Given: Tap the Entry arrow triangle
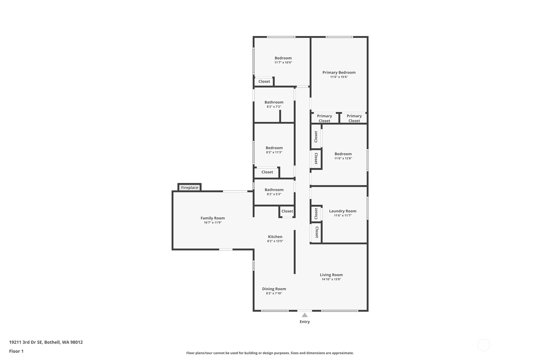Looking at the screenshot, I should [x=305, y=315].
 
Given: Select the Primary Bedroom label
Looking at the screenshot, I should [x=339, y=73].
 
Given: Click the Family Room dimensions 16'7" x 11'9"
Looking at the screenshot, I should [x=213, y=223].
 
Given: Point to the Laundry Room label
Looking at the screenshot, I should [x=342, y=211].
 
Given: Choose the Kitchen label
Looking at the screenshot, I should [x=275, y=237].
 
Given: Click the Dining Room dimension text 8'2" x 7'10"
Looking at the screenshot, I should [x=274, y=293].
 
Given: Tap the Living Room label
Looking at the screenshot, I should [x=331, y=275].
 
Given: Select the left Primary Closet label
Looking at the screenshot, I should [x=324, y=118].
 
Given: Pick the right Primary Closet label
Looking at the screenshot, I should [x=354, y=118].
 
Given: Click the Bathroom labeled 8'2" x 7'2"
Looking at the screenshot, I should [x=274, y=102].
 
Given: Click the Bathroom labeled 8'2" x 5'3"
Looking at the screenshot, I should [x=274, y=190].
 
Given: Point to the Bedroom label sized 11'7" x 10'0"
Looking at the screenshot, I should [x=283, y=58].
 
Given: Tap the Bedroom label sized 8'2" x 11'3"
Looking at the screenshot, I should [x=274, y=148].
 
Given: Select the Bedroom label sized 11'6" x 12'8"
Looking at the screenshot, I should [x=343, y=154].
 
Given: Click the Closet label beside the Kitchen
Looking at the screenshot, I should [x=287, y=211].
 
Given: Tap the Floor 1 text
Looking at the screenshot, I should [x=16, y=351].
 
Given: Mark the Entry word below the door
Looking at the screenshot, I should [x=305, y=322].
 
